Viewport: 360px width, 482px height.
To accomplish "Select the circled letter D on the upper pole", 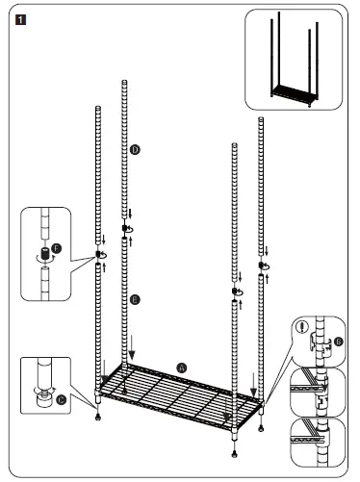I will coord(135,150).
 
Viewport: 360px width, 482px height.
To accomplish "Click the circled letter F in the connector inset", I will coord(57,248).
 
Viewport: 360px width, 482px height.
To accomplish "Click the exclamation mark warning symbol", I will coord(306,326).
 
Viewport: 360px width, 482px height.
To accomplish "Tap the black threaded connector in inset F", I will coord(41,256).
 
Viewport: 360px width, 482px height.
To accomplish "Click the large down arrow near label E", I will coord(134,342).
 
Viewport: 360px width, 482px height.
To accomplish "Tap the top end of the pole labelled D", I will coord(124,85).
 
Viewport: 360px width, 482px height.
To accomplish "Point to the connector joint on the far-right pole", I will coord(261,264).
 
